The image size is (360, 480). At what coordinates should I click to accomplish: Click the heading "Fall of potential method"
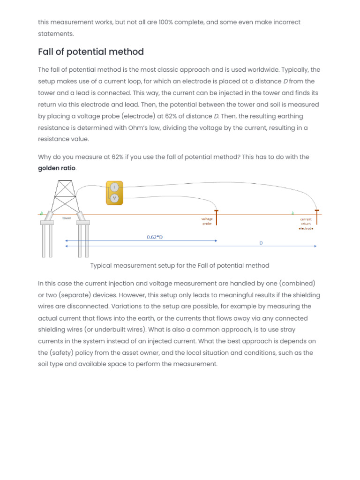pos(91,52)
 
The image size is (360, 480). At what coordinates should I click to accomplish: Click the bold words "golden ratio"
pos(56,168)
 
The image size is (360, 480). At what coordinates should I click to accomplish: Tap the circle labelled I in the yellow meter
pos(114,187)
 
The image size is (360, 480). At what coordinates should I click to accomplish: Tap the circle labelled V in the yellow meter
pos(114,198)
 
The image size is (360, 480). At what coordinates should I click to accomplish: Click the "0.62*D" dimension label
pos(155,237)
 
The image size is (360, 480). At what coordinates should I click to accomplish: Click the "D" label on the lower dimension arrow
pos(261,243)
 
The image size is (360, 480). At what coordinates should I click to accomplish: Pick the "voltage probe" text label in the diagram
pos(207,221)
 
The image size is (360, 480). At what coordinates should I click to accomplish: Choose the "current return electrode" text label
pos(306,224)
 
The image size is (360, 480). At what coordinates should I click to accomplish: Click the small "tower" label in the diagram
pos(67,218)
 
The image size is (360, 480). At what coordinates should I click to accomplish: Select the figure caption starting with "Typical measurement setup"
pos(180,265)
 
